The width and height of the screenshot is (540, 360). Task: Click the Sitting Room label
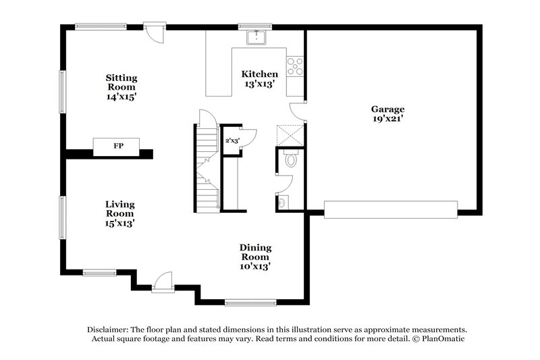click(x=122, y=81)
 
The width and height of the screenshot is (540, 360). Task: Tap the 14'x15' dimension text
click(x=122, y=97)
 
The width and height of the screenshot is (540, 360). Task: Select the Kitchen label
click(x=260, y=74)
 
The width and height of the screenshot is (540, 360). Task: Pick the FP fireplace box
click(x=117, y=146)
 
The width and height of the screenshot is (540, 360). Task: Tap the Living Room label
click(x=119, y=209)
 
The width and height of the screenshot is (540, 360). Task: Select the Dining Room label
click(x=255, y=252)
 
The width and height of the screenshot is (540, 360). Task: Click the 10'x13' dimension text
click(x=255, y=266)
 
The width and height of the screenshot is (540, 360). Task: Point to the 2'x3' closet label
click(x=232, y=140)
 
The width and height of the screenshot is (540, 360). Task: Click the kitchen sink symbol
click(x=257, y=38)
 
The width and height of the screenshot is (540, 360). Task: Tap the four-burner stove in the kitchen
click(x=295, y=66)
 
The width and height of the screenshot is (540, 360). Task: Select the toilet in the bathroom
click(x=291, y=159)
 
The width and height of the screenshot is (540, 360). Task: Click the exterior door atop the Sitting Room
click(x=155, y=32)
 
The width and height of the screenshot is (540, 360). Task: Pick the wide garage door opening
click(x=391, y=209)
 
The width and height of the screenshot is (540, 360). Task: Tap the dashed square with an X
click(x=291, y=136)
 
